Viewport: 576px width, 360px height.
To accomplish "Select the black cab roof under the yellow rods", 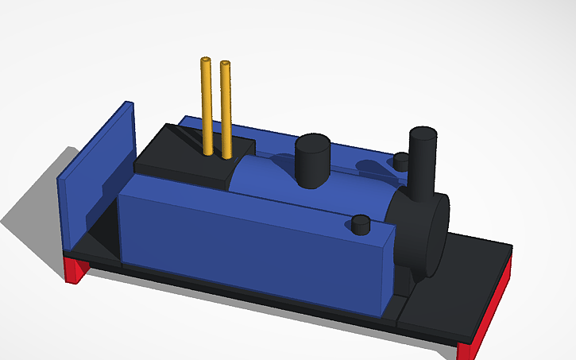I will [191, 159].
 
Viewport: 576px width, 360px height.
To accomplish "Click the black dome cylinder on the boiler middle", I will [313, 163].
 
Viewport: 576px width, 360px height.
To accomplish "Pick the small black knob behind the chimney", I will [402, 161].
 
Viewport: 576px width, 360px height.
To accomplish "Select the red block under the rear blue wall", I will [76, 270].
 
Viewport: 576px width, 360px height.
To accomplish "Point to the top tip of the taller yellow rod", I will [206, 60].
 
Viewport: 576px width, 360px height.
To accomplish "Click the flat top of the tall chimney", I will [423, 133].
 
